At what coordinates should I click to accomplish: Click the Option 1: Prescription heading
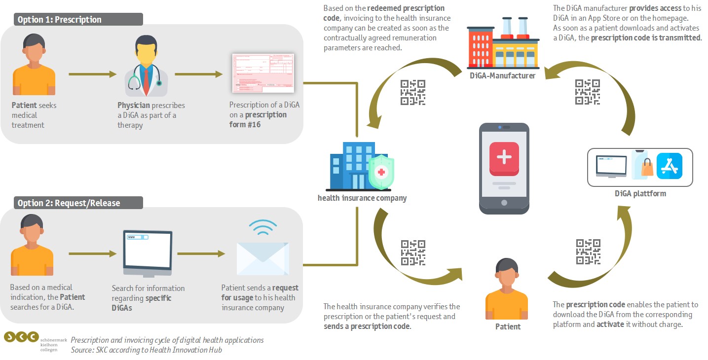(x=60, y=20)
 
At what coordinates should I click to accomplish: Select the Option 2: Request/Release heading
(x=69, y=203)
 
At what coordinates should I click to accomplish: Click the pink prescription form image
(x=263, y=73)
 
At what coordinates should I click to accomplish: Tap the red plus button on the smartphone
(x=504, y=158)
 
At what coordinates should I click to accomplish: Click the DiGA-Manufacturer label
(x=502, y=76)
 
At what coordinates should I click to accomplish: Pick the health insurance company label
(x=362, y=198)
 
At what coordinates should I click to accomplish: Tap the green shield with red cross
(x=381, y=173)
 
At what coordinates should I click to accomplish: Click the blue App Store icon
(x=670, y=166)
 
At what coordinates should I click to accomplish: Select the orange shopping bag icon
(x=646, y=168)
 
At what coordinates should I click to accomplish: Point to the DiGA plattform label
(x=640, y=193)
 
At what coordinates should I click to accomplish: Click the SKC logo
(x=21, y=337)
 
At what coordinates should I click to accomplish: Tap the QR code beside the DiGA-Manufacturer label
(x=587, y=92)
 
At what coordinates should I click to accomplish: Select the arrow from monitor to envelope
(x=200, y=254)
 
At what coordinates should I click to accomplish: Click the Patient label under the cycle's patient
(x=508, y=326)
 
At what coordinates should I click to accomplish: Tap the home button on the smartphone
(x=504, y=202)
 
